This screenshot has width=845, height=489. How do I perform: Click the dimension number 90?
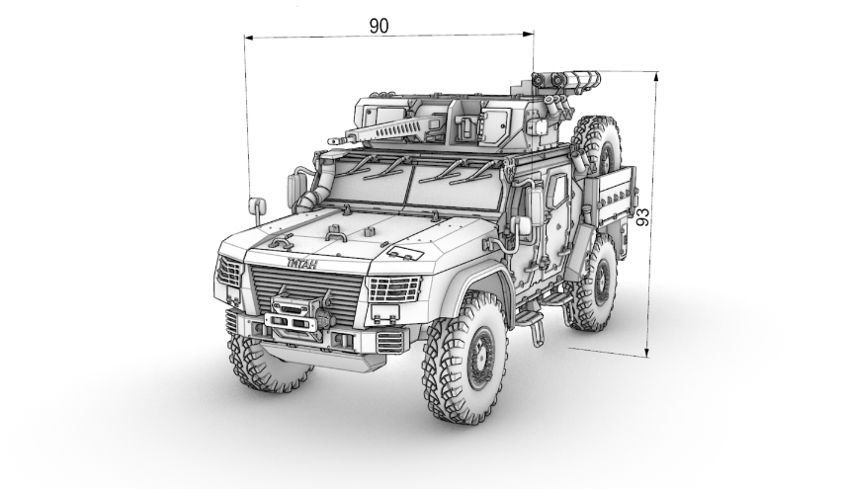tap(379, 26)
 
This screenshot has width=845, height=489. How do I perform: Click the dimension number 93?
tap(642, 216)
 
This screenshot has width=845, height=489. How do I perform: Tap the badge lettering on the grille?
tap(301, 264)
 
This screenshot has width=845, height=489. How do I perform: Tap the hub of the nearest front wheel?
tap(480, 358)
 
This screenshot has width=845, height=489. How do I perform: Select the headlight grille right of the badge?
tap(393, 289)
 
